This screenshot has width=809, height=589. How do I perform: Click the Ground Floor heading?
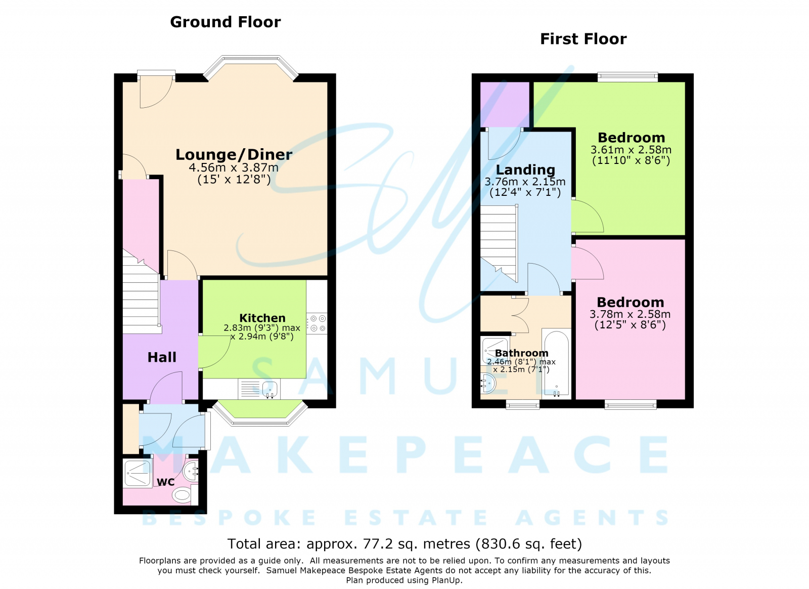coord(226,22)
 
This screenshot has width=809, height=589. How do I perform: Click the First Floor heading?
coord(583,39)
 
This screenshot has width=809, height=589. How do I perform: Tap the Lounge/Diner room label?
coord(234,155)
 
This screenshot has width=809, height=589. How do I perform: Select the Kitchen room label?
coord(262,318)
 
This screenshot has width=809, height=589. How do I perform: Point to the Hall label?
coord(162,357)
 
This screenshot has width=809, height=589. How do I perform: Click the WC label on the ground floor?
coord(166,482)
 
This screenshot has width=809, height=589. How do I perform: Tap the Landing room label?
coord(525,170)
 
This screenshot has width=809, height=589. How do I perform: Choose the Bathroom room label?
coord(521,353)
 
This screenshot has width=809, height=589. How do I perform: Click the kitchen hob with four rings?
coord(317,323)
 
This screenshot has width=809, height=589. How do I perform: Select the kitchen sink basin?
coord(269,389)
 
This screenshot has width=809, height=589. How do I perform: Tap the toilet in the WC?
coord(184,495)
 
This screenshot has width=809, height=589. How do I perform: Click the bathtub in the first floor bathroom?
coord(556,363)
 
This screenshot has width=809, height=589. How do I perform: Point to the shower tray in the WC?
coord(137,473)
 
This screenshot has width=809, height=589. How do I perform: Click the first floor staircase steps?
coord(499,243)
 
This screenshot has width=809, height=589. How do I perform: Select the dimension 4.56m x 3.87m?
coord(233,167)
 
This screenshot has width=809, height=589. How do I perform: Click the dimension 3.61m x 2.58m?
coord(631,150)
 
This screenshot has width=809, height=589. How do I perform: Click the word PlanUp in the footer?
coord(447,580)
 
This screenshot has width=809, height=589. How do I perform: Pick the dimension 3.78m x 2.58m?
coord(630,314)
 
